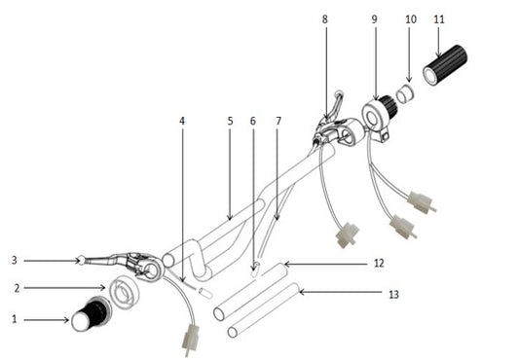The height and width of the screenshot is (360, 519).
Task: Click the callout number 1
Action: (15, 319)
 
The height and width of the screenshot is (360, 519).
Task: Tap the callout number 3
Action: (15, 260)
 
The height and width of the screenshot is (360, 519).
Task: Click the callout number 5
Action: (230, 122)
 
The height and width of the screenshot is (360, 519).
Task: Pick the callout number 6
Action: (253, 122)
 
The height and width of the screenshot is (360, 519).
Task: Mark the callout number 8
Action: (324, 18)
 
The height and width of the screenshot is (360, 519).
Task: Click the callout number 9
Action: (375, 18)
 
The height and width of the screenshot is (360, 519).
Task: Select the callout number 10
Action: (410, 18)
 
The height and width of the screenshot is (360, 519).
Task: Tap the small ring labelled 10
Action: (408, 92)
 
